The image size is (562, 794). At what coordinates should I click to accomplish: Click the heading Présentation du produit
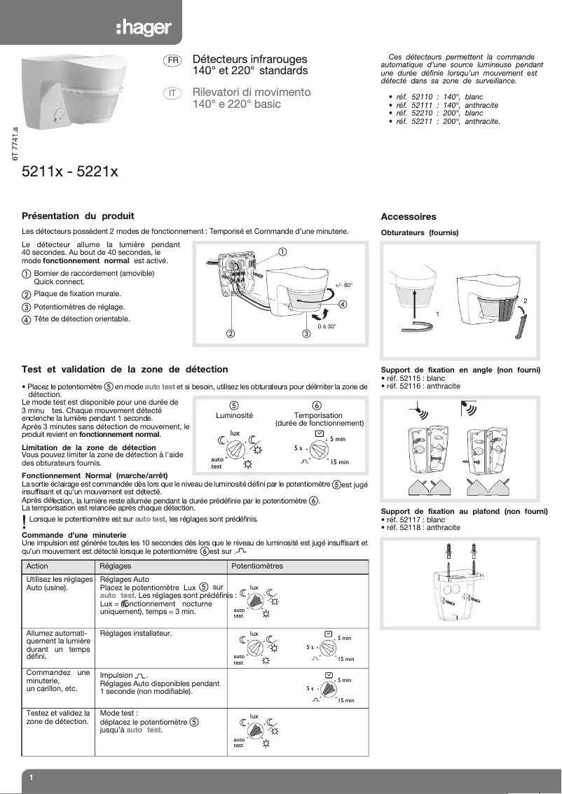(x=78, y=216)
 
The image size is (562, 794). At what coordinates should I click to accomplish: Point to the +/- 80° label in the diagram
(x=343, y=285)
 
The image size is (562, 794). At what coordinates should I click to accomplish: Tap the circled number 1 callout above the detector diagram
(x=282, y=251)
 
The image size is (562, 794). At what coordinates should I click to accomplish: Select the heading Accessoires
(x=409, y=217)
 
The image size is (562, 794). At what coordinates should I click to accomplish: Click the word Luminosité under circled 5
(x=235, y=415)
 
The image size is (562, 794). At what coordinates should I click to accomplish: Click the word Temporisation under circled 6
(x=318, y=415)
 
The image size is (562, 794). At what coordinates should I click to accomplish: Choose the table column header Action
(x=37, y=566)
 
